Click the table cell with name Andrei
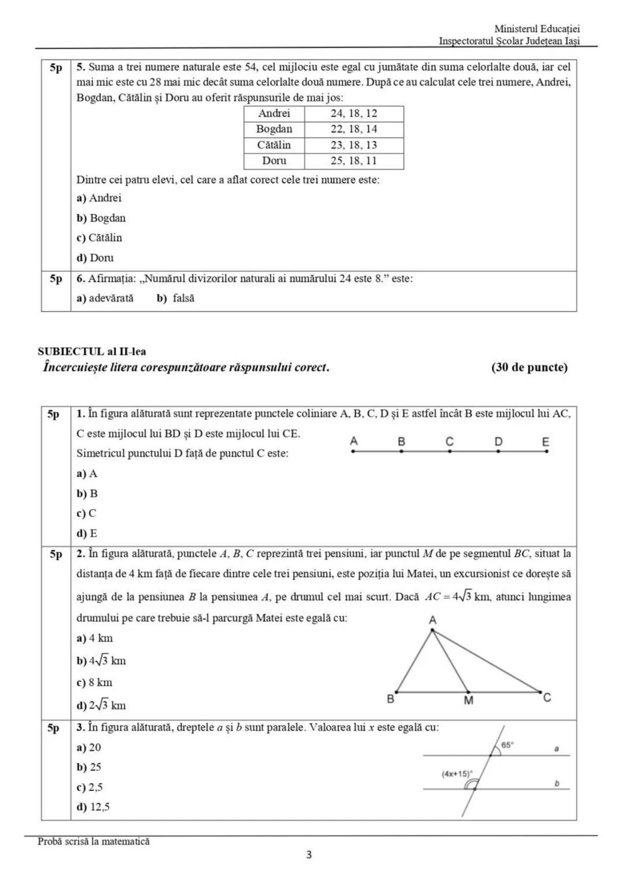click(x=274, y=113)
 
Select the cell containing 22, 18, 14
click(x=354, y=129)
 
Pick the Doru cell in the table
click(x=274, y=161)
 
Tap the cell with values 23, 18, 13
click(x=354, y=145)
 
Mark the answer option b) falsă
click(x=176, y=298)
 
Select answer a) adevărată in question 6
click(x=105, y=298)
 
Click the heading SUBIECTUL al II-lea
click(x=91, y=351)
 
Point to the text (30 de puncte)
click(x=529, y=367)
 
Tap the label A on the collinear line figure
click(x=354, y=442)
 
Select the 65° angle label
click(x=507, y=746)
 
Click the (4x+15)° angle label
click(x=457, y=773)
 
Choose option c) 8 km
click(x=95, y=683)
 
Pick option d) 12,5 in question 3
click(x=93, y=807)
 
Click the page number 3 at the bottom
click(x=308, y=854)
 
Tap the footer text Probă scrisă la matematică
click(x=93, y=841)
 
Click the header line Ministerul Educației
click(x=537, y=29)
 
